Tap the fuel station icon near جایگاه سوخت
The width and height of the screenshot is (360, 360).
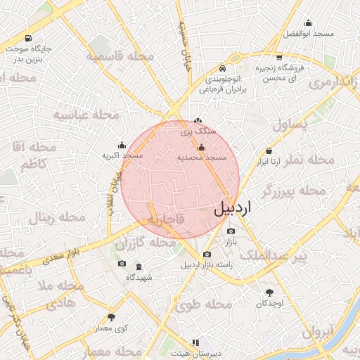(27, 39)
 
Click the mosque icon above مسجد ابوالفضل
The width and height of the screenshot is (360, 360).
(308, 23)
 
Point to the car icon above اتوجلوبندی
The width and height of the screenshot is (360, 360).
(222, 69)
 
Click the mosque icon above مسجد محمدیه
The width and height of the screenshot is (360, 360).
(202, 148)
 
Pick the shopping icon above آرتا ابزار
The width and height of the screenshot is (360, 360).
(269, 151)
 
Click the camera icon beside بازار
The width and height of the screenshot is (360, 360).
(231, 231)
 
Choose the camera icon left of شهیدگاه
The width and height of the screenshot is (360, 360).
(122, 264)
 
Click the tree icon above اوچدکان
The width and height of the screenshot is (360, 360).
(269, 292)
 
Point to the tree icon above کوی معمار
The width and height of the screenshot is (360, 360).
(111, 318)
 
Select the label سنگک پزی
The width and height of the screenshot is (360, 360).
(197, 131)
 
